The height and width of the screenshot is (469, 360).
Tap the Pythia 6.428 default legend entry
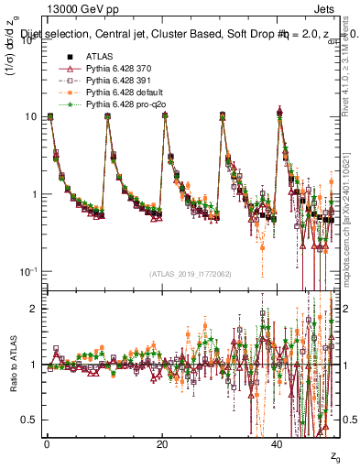click(x=121, y=94)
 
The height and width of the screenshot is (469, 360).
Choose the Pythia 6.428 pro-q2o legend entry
click(x=122, y=106)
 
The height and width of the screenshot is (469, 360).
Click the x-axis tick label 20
click(x=162, y=444)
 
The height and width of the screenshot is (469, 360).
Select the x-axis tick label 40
click(x=278, y=444)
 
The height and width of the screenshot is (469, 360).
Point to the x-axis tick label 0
click(x=47, y=444)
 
